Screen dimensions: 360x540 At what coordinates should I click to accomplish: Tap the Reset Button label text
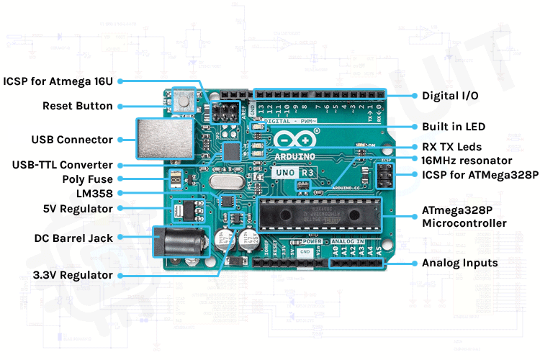tap(77, 106)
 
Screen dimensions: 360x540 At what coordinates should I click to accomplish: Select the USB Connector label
tap(72, 140)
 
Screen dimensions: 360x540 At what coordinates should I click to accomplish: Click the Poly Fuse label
tap(84, 178)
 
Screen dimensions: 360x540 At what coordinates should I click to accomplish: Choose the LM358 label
tap(94, 193)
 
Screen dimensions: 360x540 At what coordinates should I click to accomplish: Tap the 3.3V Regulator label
tap(72, 275)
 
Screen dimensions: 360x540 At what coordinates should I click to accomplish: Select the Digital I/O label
tap(450, 95)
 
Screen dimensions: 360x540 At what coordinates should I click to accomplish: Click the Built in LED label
tap(454, 127)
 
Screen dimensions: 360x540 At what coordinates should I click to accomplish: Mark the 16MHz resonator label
tap(466, 161)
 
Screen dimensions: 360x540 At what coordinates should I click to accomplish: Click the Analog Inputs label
tap(459, 263)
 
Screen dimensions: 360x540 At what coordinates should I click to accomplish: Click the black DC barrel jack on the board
tap(176, 242)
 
